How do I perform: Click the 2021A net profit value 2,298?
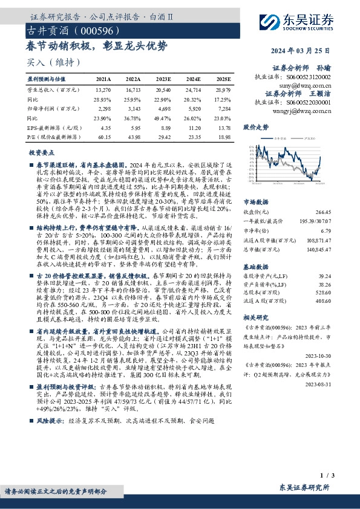(x=103, y=108)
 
